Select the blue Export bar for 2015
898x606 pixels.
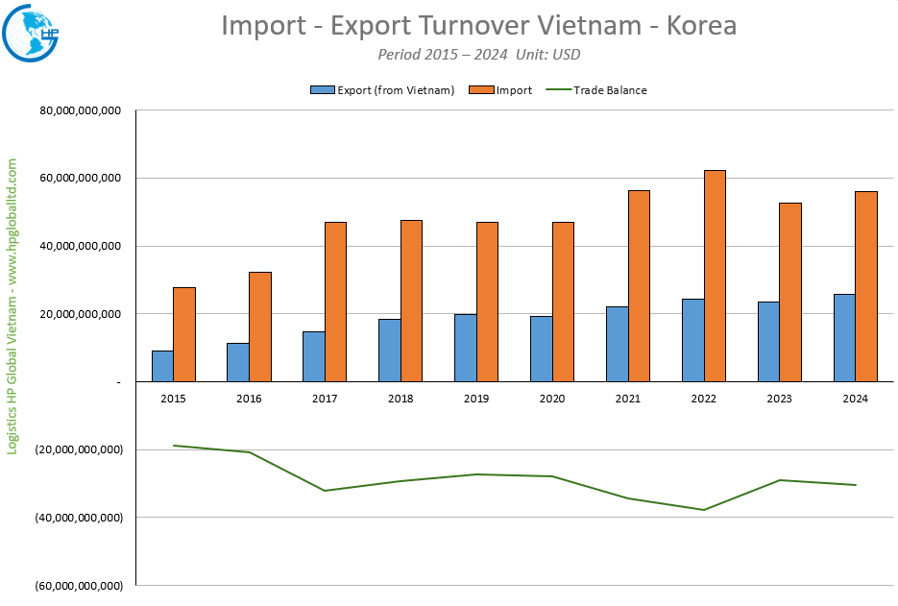point(162,366)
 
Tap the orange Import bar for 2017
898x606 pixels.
point(335,302)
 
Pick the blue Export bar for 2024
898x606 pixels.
point(844,338)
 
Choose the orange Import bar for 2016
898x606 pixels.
point(260,327)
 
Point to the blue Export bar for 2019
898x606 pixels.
point(465,348)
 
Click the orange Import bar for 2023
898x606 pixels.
point(790,292)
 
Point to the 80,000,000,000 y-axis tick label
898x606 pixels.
point(81,110)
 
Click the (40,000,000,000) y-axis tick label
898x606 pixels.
point(81,518)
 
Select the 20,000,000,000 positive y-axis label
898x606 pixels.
point(81,314)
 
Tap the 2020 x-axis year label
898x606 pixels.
point(552,398)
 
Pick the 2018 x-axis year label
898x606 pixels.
point(400,398)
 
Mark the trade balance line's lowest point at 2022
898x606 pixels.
point(704,510)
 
